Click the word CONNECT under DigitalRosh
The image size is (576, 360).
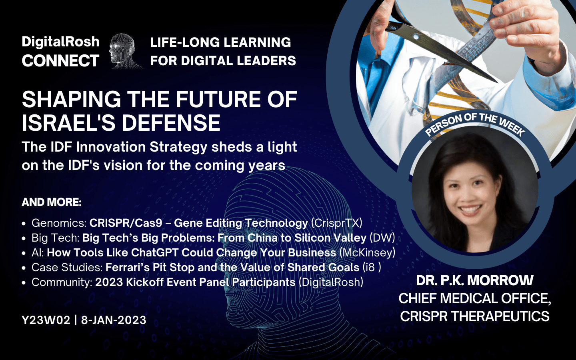(x=60, y=61)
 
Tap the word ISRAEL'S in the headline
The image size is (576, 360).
(x=70, y=123)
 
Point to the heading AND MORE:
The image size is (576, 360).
(x=52, y=202)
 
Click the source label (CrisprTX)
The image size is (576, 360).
(x=337, y=223)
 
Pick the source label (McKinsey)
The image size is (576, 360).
(x=367, y=252)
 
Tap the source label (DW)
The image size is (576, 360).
(x=382, y=238)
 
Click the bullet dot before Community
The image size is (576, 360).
(x=24, y=283)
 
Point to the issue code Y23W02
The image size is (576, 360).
(x=46, y=320)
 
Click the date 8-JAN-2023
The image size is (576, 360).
(x=114, y=320)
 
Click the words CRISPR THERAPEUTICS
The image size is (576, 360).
(x=475, y=316)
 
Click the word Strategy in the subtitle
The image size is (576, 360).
(x=178, y=148)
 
